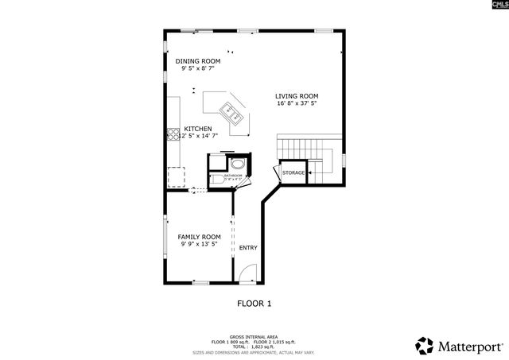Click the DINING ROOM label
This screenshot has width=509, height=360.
coord(198,61)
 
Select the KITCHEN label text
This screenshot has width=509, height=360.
coord(198,129)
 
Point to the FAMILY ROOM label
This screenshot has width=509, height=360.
coord(199,237)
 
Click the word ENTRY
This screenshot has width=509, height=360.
coord(248,248)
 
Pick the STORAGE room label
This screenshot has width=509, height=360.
coord(293,172)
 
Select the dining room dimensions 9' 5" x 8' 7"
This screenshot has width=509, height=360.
coord(198,69)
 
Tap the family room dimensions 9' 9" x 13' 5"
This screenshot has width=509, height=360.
coord(199,244)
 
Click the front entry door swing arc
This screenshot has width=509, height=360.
coord(249,277)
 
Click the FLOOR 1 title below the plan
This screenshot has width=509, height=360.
coord(254,303)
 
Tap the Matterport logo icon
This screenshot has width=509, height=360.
coord(425,346)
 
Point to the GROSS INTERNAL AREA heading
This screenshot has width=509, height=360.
coord(254,336)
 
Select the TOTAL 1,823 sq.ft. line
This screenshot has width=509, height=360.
coord(254,346)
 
